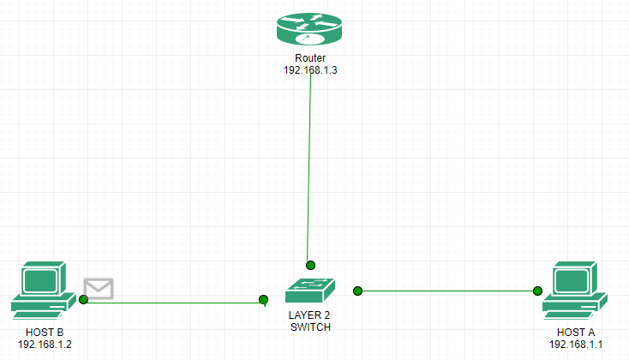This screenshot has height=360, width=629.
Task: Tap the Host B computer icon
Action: point(40,291)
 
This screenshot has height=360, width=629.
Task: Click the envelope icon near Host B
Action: point(99,289)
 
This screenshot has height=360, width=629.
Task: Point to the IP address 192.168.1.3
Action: point(310,70)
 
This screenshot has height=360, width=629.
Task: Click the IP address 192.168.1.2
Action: point(45,345)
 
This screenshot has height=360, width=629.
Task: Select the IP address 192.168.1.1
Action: point(577,345)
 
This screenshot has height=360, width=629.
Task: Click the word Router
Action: point(310,58)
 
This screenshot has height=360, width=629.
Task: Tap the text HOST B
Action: point(45,333)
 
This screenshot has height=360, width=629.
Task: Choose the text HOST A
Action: point(577,333)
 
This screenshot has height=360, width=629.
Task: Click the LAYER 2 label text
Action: point(309,315)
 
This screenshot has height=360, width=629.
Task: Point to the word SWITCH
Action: point(309,327)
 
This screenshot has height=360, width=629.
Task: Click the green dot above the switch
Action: point(311,265)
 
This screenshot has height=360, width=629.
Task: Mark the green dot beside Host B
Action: point(83,300)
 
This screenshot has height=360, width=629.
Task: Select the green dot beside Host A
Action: point(538,291)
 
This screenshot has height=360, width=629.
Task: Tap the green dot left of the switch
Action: point(264,300)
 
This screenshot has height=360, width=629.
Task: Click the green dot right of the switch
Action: point(358,291)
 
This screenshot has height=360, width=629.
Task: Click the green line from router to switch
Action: point(309,171)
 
